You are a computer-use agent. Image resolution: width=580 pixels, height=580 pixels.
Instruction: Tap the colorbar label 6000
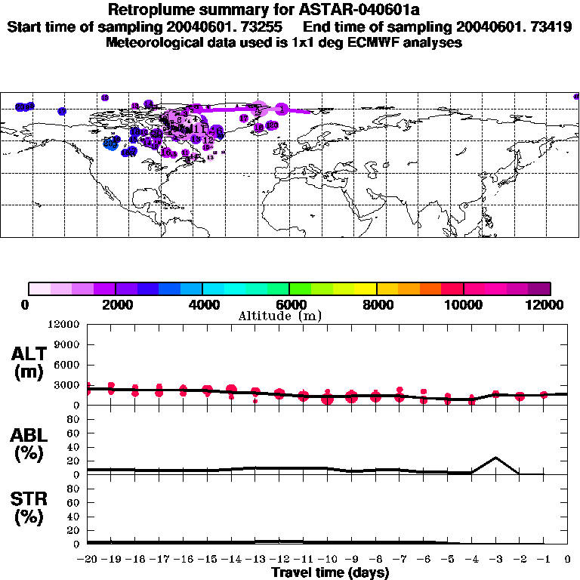point(289,304)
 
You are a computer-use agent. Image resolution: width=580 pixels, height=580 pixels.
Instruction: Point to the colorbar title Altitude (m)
point(280,315)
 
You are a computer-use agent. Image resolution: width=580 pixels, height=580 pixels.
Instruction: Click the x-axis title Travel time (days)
point(330,572)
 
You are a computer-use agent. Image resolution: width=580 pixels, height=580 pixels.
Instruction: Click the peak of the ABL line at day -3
point(495,457)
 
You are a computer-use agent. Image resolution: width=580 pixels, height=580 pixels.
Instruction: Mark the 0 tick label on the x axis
point(568,560)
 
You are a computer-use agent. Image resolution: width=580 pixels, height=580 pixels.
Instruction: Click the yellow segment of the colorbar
point(366,288)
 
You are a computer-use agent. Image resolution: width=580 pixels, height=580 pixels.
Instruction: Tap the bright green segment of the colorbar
point(300,288)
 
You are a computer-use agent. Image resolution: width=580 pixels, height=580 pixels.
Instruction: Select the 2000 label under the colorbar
point(115,304)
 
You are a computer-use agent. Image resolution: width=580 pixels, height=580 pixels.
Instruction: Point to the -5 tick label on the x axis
point(447,560)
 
